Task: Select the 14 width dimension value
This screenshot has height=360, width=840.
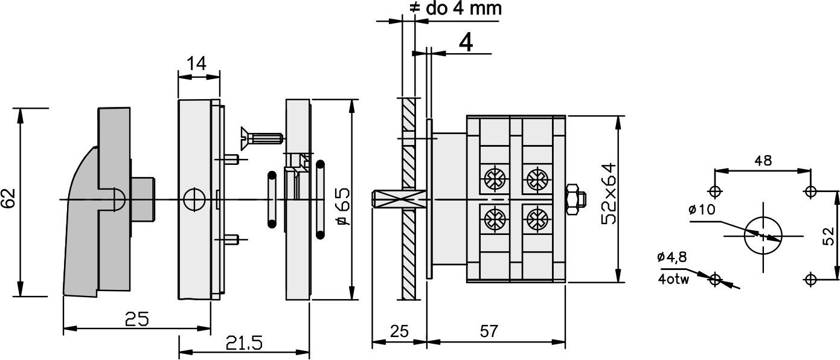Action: (x=197, y=64)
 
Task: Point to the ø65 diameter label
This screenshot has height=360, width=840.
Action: (x=344, y=211)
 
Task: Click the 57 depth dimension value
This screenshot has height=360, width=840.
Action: (x=489, y=332)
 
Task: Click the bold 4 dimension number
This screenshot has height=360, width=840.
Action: (x=466, y=42)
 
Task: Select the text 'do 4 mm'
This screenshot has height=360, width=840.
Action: (x=464, y=8)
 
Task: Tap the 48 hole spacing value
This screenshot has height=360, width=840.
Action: (x=763, y=161)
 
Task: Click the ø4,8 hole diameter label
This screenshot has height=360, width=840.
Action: (x=672, y=257)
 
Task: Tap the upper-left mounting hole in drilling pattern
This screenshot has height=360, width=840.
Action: (x=715, y=191)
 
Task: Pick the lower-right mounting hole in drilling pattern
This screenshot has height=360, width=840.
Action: (x=811, y=280)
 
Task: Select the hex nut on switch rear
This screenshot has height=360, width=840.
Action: (x=575, y=199)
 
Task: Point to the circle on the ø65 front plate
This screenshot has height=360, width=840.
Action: (x=194, y=199)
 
